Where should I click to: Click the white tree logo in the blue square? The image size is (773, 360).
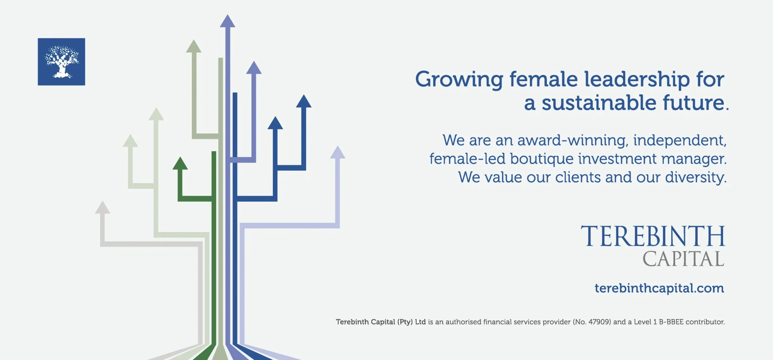62,62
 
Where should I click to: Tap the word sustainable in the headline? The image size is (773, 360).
599,103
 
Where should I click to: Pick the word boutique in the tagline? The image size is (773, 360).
541,159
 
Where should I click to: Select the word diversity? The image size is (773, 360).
696,177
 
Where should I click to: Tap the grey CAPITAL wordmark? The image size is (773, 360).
683,259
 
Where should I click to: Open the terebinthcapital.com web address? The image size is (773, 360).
659,288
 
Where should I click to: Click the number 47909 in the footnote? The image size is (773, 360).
599,322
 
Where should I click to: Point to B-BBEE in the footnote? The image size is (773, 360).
671,322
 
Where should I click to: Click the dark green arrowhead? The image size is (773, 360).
180,163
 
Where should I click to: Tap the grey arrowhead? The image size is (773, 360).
103,207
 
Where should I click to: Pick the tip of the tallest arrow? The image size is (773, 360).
228,14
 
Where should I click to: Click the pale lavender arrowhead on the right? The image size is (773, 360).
338,152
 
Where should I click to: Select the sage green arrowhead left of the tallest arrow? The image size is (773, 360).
194,46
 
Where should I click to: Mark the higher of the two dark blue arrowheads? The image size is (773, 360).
304,101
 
